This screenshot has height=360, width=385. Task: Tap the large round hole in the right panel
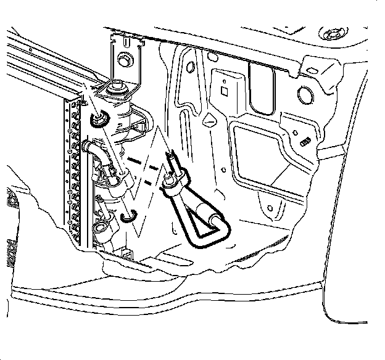pyautogui.click(x=305, y=96)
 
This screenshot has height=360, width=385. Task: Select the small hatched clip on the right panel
pyautogui.click(x=303, y=141)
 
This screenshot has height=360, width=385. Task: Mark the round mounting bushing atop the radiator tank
pyautogui.click(x=120, y=90)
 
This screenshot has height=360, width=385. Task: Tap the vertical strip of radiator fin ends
pyautogui.click(x=73, y=173)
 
